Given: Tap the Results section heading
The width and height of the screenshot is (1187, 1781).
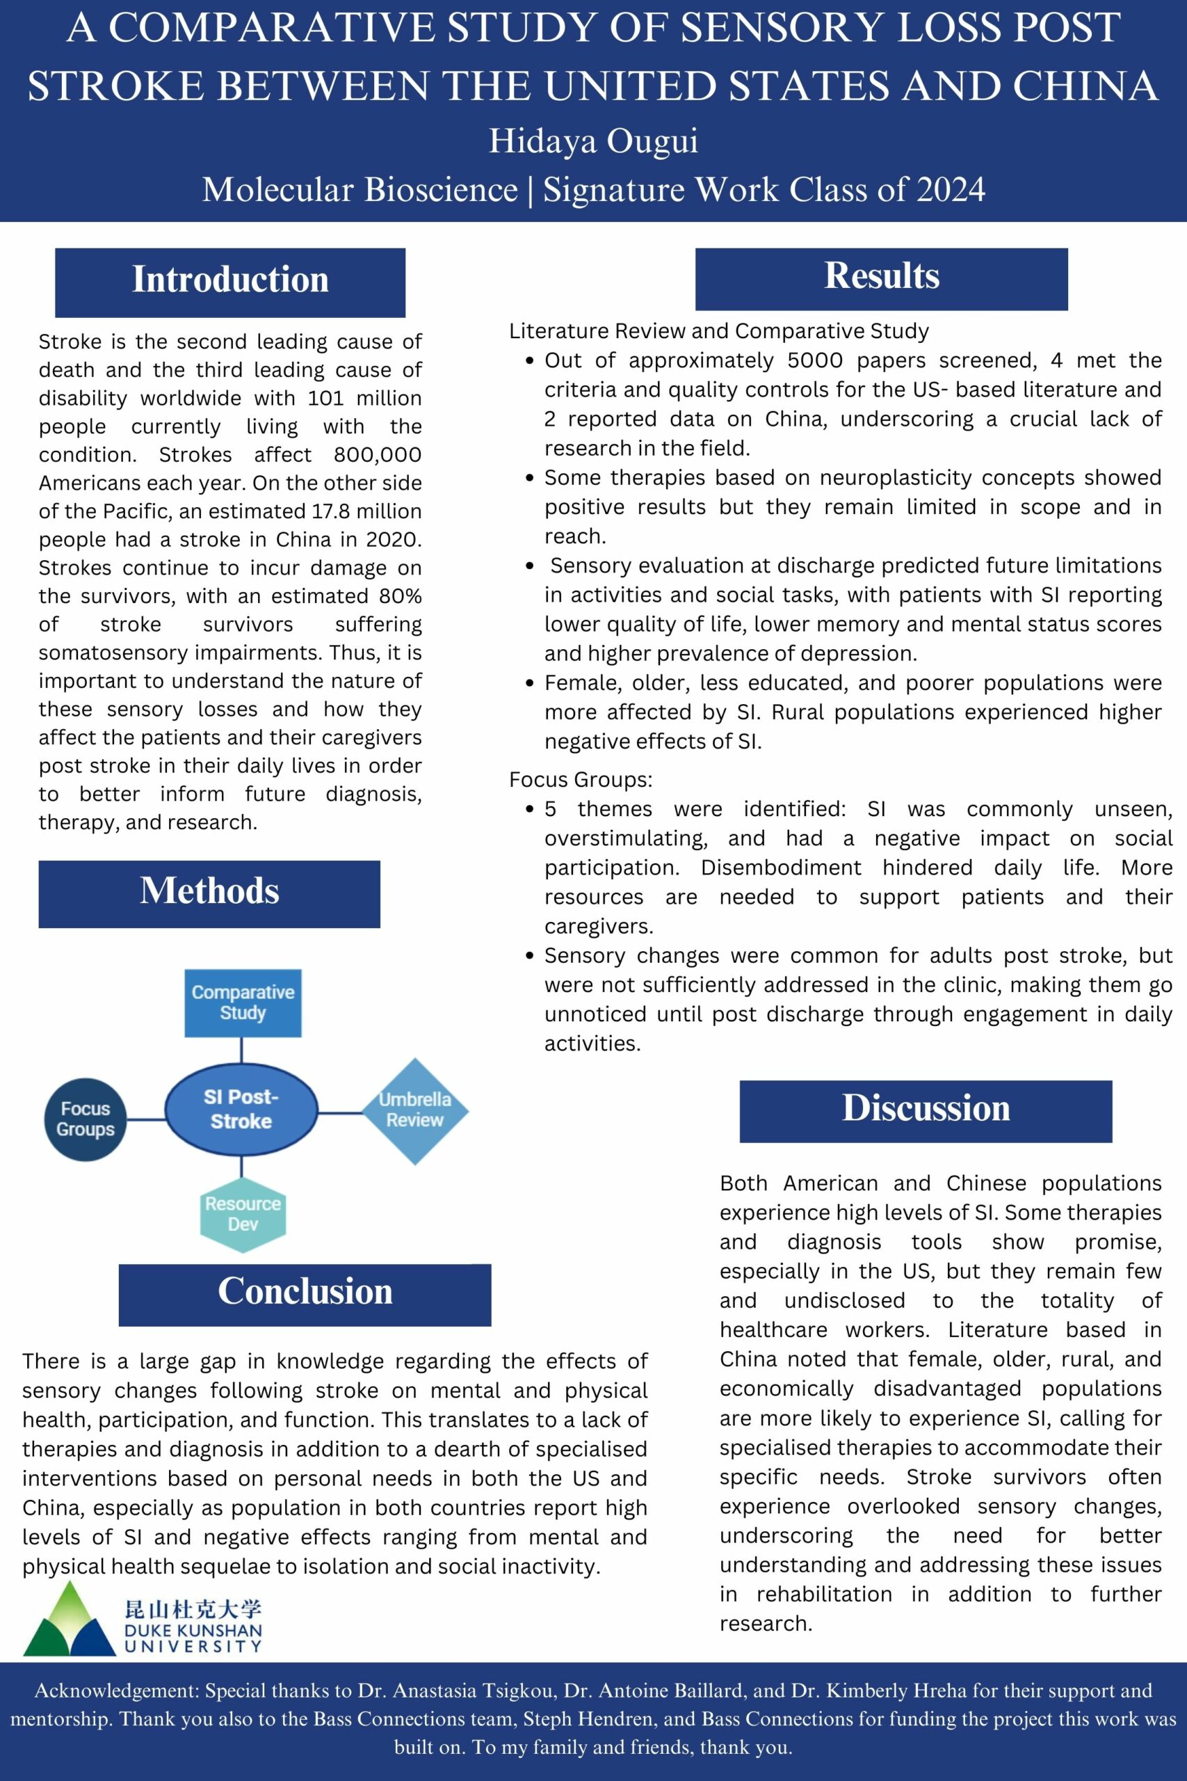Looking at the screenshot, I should tap(881, 278).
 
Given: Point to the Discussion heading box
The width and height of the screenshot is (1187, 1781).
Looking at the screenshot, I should tap(925, 1110).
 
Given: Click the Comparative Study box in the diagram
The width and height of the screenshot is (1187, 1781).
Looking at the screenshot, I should tap(243, 1003).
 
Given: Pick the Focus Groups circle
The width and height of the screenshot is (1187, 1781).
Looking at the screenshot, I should tap(86, 1119).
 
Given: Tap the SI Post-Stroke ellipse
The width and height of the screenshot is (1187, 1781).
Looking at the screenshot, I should tap(241, 1110).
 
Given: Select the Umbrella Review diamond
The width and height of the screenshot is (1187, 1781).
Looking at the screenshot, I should tap(415, 1110).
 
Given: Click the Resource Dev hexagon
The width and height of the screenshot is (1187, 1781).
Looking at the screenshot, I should tap(243, 1214).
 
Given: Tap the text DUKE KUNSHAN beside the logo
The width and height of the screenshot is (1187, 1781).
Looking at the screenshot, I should tap(193, 1630).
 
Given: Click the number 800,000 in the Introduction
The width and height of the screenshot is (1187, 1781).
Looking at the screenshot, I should tap(377, 455).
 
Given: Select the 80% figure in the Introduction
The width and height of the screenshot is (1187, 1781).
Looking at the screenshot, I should tap(401, 597).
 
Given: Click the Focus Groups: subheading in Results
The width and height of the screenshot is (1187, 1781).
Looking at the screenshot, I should tap(580, 779).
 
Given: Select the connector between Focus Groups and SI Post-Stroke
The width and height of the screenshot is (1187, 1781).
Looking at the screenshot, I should tap(145, 1119).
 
